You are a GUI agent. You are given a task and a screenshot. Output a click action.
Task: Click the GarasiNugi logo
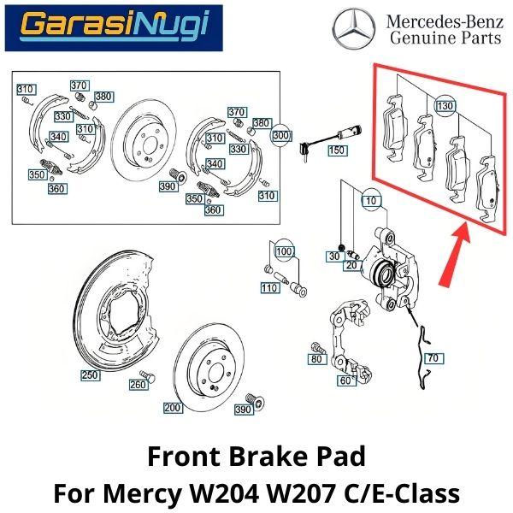pos(113,27)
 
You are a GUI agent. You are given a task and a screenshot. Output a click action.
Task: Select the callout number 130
pos(445,106)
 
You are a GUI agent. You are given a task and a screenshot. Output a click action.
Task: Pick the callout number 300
pos(281,135)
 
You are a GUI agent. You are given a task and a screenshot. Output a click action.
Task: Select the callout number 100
pos(284,252)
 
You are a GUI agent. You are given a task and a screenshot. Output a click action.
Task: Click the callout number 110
pos(269,288)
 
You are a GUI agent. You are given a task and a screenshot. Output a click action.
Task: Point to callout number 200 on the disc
pos(173,408)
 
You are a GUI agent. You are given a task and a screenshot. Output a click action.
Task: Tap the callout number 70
pos(431,358)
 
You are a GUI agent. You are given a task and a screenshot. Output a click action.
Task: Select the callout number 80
pos(316,360)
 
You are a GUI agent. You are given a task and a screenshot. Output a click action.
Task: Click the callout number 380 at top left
pos(103,97)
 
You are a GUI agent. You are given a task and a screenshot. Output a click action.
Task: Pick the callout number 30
pos(334,256)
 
